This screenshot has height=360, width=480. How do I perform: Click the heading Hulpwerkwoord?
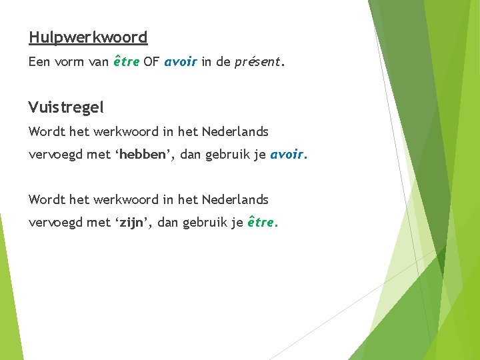pyautogui.click(x=88, y=37)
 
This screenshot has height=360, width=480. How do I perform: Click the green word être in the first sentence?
pyautogui.click(x=127, y=62)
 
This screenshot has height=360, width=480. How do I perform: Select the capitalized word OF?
pyautogui.click(x=152, y=62)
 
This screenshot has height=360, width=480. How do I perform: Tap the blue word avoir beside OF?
pyautogui.click(x=179, y=62)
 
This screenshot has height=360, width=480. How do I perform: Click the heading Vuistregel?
pyautogui.click(x=67, y=107)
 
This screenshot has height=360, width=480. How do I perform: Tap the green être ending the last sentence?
pyautogui.click(x=261, y=222)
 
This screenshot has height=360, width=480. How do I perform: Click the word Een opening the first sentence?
pyautogui.click(x=40, y=62)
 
